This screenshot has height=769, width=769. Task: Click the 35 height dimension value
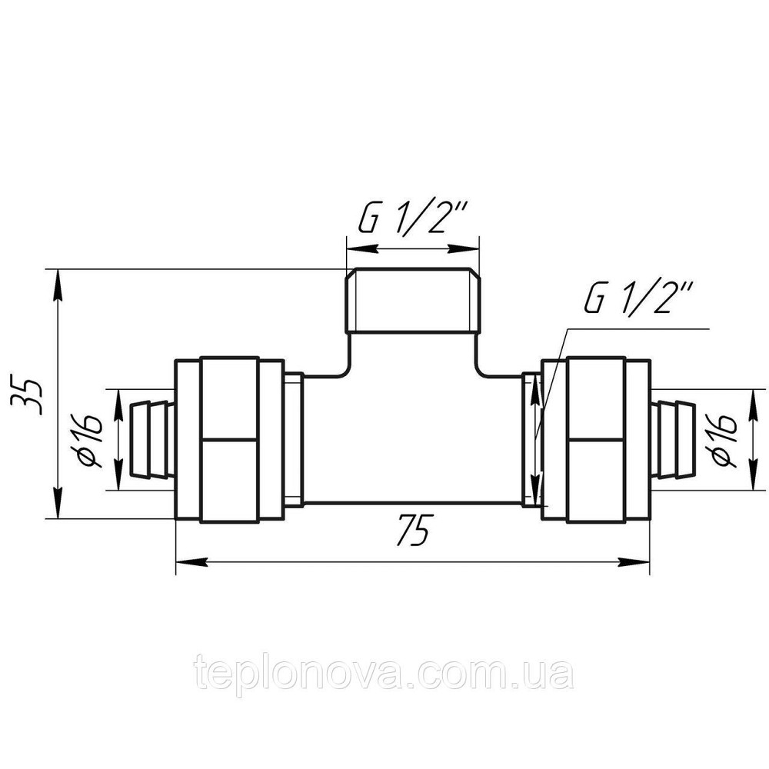point(28,394)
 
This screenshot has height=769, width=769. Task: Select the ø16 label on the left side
point(92,439)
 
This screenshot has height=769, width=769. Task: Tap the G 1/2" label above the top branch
point(412,221)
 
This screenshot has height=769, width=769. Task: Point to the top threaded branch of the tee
point(412,301)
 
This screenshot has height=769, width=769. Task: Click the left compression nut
point(229,439)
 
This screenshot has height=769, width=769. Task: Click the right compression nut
point(596,439)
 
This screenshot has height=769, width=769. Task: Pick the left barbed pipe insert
point(150,439)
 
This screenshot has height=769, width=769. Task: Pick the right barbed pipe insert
point(674,439)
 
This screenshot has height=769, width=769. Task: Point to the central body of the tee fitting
point(412,438)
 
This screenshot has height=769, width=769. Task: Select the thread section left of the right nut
point(531,439)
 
